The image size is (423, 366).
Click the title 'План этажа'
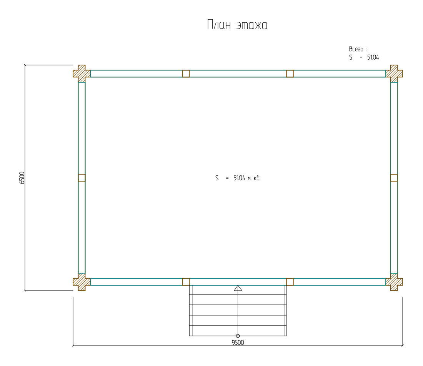237,25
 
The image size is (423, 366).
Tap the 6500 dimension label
22,177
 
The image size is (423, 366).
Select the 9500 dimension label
238,343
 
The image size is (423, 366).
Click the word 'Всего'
356,49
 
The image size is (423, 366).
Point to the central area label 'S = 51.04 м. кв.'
238,178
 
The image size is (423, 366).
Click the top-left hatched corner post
82,74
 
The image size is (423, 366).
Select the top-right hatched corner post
394,74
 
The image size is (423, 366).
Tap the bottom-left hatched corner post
82,282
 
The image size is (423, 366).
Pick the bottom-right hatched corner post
394,282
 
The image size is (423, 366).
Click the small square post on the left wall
82,177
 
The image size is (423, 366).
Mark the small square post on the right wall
394,177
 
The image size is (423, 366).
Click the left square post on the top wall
186,74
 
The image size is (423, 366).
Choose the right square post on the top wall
290,74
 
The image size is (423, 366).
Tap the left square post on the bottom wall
186,282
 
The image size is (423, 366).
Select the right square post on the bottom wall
290,282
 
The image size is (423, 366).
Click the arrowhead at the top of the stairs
238,288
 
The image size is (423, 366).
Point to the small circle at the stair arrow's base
238,336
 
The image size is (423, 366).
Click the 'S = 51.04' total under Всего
364,57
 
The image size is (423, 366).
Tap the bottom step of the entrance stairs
238,331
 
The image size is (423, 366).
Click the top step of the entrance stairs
238,290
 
